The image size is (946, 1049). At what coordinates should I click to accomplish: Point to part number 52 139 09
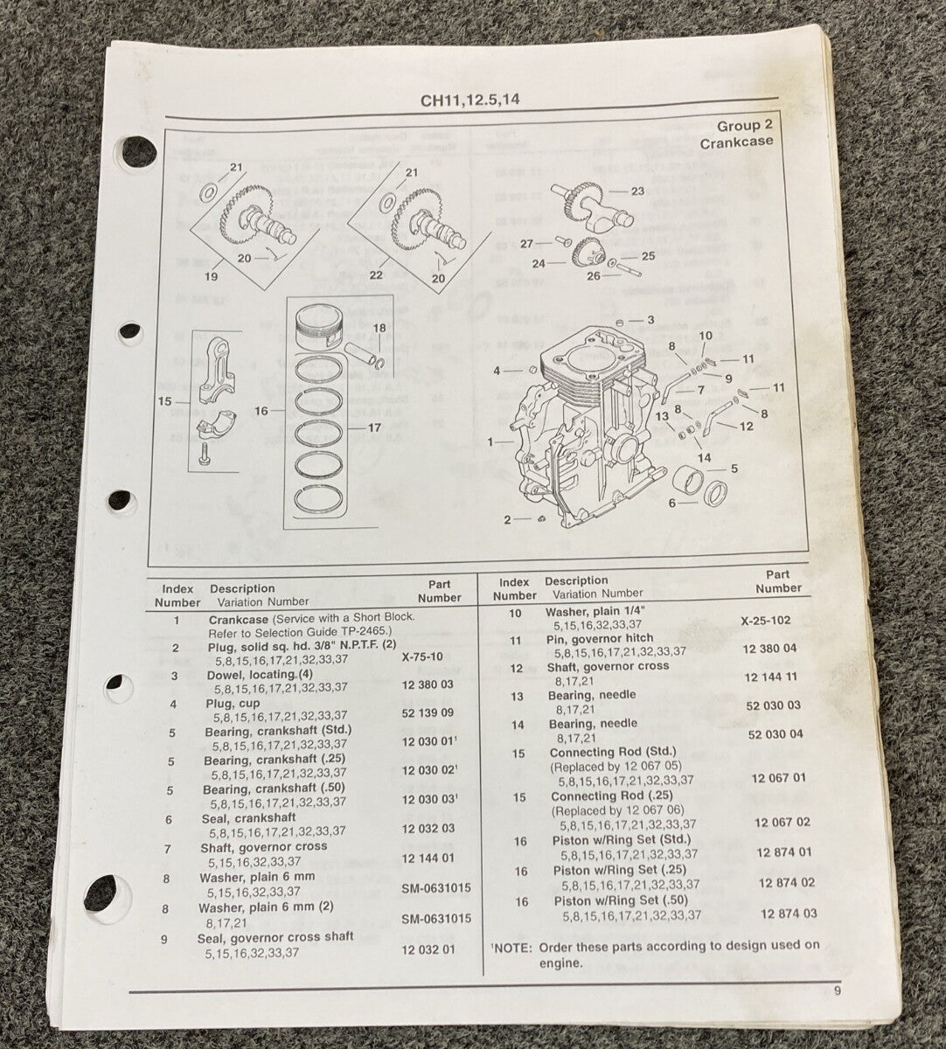[x=428, y=713]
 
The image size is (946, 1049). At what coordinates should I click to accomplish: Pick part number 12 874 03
[x=788, y=914]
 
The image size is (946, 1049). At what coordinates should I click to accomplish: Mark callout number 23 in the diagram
[x=636, y=191]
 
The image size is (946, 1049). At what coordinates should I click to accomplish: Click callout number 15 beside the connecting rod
[x=164, y=401]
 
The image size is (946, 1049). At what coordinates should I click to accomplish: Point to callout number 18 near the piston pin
[x=379, y=328]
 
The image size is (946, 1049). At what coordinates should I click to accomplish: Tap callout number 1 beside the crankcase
[x=490, y=442]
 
